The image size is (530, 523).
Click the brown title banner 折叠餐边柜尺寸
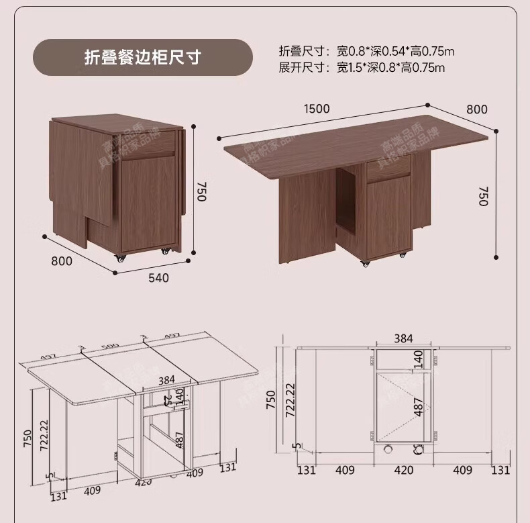click(x=142, y=57)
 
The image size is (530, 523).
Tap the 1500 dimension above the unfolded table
click(x=317, y=108)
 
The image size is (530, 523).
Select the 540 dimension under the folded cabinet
click(x=158, y=277)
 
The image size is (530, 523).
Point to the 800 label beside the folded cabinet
click(x=61, y=261)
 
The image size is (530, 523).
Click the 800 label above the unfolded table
click(x=476, y=109)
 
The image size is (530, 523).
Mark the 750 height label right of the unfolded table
click(x=484, y=195)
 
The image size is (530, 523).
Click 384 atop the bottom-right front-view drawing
click(x=403, y=338)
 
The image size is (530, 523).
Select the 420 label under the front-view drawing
click(x=403, y=470)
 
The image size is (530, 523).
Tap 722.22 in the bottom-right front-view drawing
click(x=290, y=401)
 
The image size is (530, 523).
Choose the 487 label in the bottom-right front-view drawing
click(x=419, y=406)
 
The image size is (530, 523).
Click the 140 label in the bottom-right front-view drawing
click(x=419, y=359)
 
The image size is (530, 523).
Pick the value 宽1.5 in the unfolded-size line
click(x=352, y=67)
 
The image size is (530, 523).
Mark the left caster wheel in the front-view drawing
click(x=386, y=450)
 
